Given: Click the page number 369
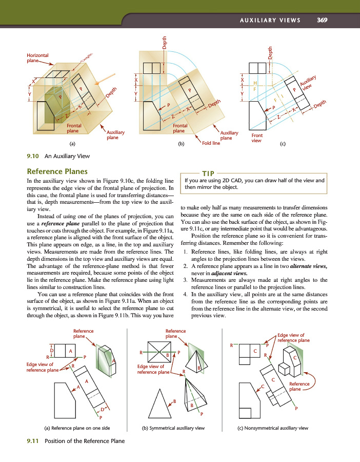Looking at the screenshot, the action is pos(322,20).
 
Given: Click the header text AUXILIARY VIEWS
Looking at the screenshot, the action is pos(270,20).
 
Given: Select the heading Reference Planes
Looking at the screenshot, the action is pos(57,171).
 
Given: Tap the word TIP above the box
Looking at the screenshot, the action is pos(208,174).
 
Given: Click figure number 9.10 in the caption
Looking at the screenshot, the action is pos(33,156).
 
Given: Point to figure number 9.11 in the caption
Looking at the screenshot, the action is pos(33,441).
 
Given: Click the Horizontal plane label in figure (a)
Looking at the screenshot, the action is pos(37,57).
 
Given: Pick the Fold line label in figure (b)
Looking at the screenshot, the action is pos(211,143).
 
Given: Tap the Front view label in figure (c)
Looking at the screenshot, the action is pos(257,138).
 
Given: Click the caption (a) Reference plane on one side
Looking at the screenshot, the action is pos(77,428).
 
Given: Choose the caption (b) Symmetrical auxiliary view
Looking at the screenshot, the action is pos(173,428).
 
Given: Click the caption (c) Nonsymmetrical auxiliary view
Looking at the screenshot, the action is pos(273,428).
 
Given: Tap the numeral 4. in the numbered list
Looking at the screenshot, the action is pos(185,294).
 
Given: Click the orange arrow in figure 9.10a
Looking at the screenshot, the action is pos(105,80).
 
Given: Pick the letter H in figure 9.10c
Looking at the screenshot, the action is pos(255,83).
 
